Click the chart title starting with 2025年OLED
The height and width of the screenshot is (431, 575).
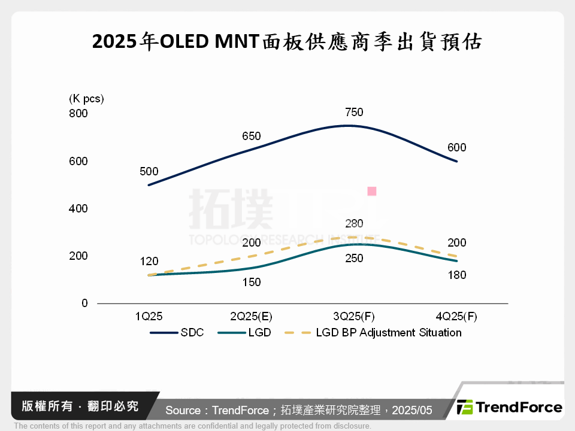tap(287, 43)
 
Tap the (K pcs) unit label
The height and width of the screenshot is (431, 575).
tap(86, 98)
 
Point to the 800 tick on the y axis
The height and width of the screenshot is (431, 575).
tap(78, 114)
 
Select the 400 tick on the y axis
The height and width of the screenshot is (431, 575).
tap(78, 209)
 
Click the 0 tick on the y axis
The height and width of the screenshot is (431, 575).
tap(84, 303)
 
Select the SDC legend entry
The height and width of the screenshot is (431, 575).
tap(177, 332)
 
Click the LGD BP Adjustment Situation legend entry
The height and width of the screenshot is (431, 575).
tap(372, 332)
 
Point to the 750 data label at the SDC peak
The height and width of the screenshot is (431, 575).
tap(354, 113)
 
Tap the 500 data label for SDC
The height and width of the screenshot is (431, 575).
tap(149, 171)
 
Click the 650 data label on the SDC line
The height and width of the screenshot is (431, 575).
tap(251, 136)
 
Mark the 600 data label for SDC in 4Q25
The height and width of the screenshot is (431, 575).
tap(456, 148)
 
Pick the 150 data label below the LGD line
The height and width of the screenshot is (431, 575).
tap(251, 282)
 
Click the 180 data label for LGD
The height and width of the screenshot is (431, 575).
tap(456, 275)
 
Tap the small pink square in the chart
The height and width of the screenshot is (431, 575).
tap(371, 192)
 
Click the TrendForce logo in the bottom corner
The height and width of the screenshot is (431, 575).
tap(509, 408)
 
